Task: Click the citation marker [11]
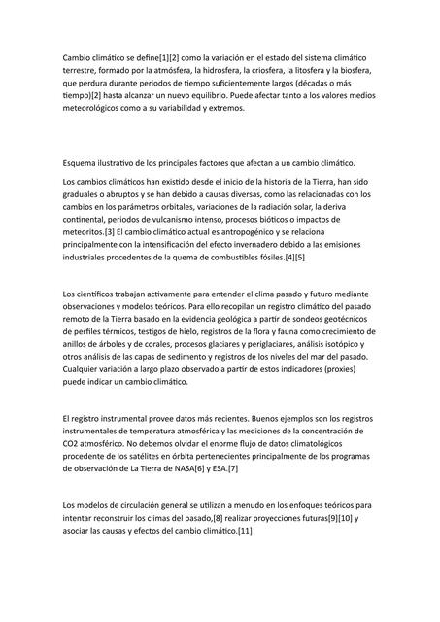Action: click(x=241, y=531)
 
